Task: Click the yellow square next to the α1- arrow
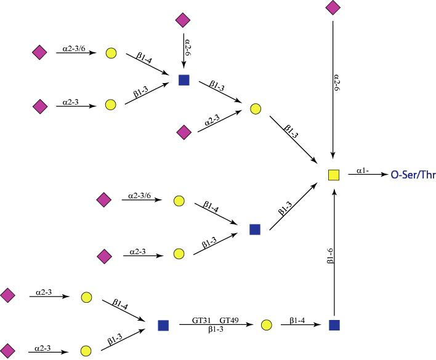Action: pyautogui.click(x=333, y=175)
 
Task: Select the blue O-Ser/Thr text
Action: pyautogui.click(x=413, y=175)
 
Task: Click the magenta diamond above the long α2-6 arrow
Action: pyautogui.click(x=333, y=7)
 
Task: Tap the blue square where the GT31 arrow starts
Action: pyautogui.click(x=163, y=324)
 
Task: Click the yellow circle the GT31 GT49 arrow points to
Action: pyautogui.click(x=266, y=324)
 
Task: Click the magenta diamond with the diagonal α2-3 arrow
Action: pyautogui.click(x=183, y=131)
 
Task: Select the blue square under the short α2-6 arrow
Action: pyautogui.click(x=183, y=79)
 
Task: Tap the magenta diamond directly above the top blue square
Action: pyautogui.click(x=182, y=20)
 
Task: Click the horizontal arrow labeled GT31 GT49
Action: pyautogui.click(x=216, y=324)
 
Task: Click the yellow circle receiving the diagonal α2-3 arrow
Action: pyautogui.click(x=256, y=109)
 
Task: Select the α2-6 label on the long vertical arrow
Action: pyautogui.click(x=337, y=84)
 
